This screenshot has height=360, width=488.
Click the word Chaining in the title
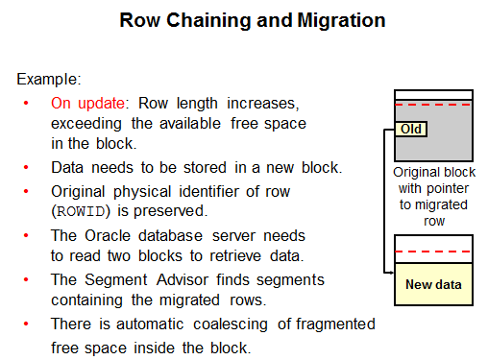[208, 21]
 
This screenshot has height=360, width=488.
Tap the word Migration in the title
[341, 21]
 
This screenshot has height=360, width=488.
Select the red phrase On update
[87, 104]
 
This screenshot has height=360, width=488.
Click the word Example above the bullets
[47, 79]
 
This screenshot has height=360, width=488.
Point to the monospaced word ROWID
[81, 211]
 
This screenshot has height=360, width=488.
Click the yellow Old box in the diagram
[411, 130]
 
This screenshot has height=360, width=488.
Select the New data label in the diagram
[433, 284]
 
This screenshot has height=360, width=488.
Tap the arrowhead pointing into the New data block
[391, 273]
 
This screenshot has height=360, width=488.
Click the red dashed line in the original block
[433, 105]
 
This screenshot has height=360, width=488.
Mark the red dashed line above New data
[433, 252]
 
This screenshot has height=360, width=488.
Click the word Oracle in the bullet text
[108, 236]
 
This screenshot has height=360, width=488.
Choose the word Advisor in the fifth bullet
[183, 280]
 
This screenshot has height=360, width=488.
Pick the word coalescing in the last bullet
[231, 324]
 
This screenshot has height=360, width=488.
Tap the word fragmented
[335, 324]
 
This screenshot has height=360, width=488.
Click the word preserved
[170, 211]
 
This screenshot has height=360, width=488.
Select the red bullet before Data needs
[26, 167]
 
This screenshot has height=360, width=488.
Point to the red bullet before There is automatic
[26, 324]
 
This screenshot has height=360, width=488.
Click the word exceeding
[86, 124]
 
